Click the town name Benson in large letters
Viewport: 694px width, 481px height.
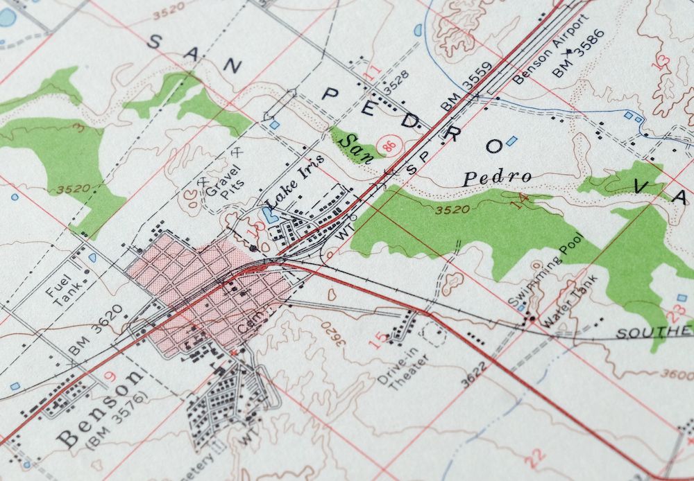[101, 409]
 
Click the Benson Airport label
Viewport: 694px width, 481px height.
[542, 55]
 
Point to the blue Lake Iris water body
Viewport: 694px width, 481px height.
[270, 212]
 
